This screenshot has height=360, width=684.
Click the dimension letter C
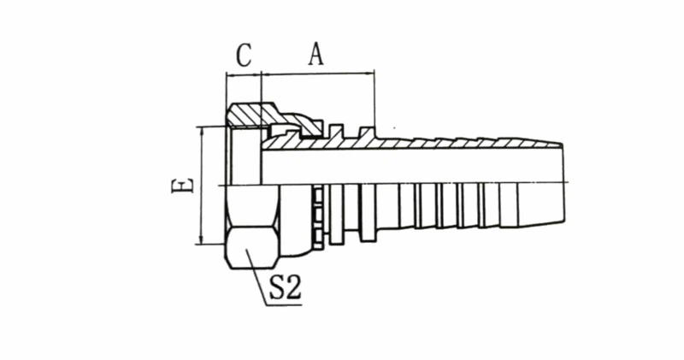tap(244, 56)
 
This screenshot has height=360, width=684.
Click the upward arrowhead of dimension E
tap(201, 132)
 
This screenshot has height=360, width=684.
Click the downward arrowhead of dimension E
tap(201, 239)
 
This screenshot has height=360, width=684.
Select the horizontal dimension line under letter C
tap(244, 74)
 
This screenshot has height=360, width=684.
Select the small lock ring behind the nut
tap(318, 217)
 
